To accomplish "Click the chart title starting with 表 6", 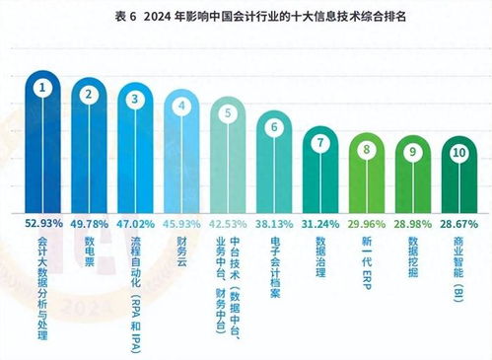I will point(246,18).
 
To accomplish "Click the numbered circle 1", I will point(43,89).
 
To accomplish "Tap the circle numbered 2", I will point(90,95).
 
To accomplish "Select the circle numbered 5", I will point(228,113).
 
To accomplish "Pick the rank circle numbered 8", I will point(368,150).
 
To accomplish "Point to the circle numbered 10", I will point(459,154).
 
